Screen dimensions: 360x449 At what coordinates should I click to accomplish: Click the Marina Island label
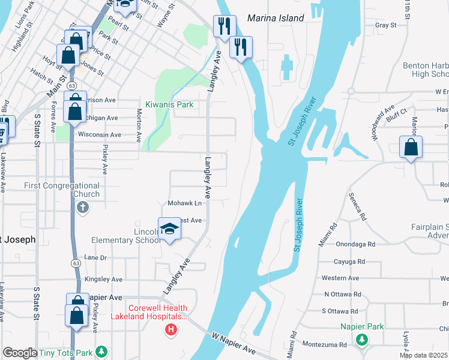276,18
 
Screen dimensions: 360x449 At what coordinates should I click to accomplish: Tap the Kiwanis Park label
169,104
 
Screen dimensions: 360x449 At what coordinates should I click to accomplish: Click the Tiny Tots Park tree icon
102,351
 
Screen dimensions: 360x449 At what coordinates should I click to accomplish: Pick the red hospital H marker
171,329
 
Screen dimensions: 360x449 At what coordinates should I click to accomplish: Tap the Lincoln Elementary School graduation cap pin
169,229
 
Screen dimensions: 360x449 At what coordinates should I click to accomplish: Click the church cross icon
83,208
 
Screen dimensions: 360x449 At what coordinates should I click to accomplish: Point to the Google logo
19,353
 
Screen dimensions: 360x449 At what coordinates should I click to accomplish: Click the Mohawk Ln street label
184,203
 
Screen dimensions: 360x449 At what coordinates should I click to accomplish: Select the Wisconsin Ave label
100,135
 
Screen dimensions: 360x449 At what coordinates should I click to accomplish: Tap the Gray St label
385,25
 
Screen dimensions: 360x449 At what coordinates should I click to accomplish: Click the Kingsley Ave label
104,280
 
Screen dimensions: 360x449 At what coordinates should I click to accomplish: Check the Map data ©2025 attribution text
424,355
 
